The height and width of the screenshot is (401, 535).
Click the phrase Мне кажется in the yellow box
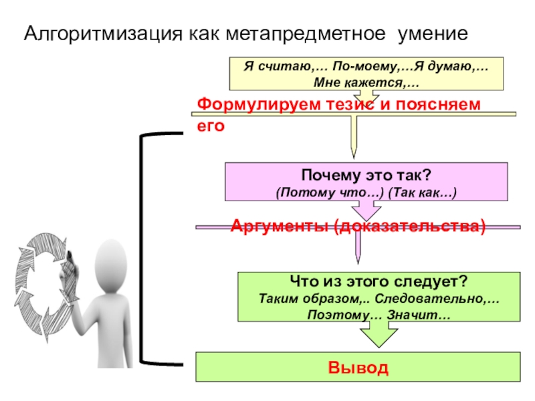pos(363,82)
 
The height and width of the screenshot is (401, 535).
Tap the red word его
pos(208,125)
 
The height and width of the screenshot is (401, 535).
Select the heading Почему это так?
pos(366,176)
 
